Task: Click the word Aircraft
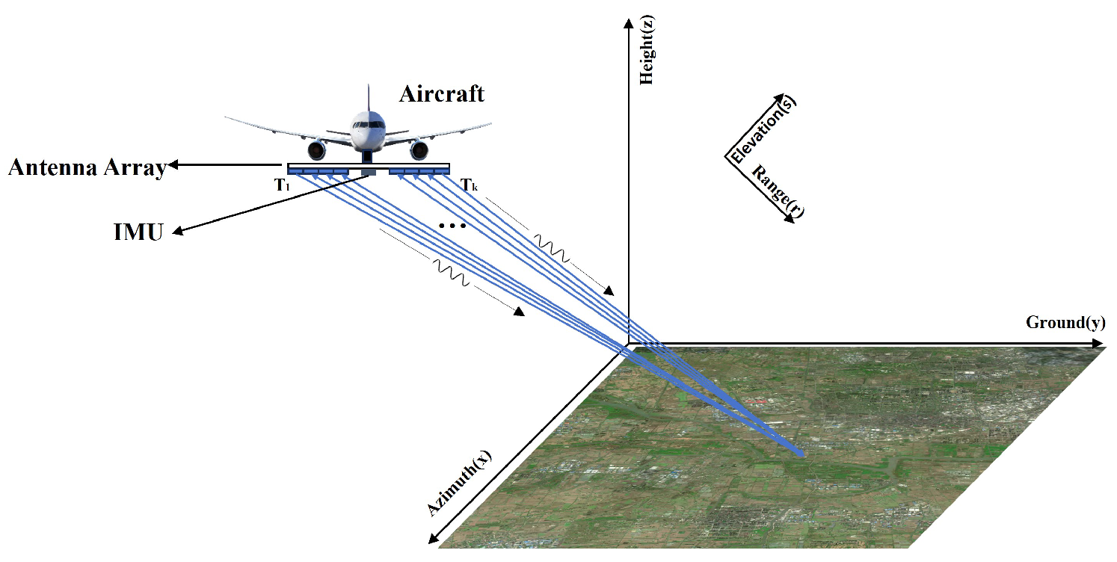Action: click(441, 94)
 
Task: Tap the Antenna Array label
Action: click(87, 168)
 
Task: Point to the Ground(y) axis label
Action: click(1065, 322)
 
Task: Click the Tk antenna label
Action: click(469, 185)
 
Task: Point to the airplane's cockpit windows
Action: click(368, 120)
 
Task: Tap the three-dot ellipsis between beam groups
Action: click(453, 226)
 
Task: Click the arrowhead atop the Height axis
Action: click(628, 27)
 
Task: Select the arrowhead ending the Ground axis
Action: click(1098, 344)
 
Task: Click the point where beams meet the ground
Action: click(800, 454)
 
